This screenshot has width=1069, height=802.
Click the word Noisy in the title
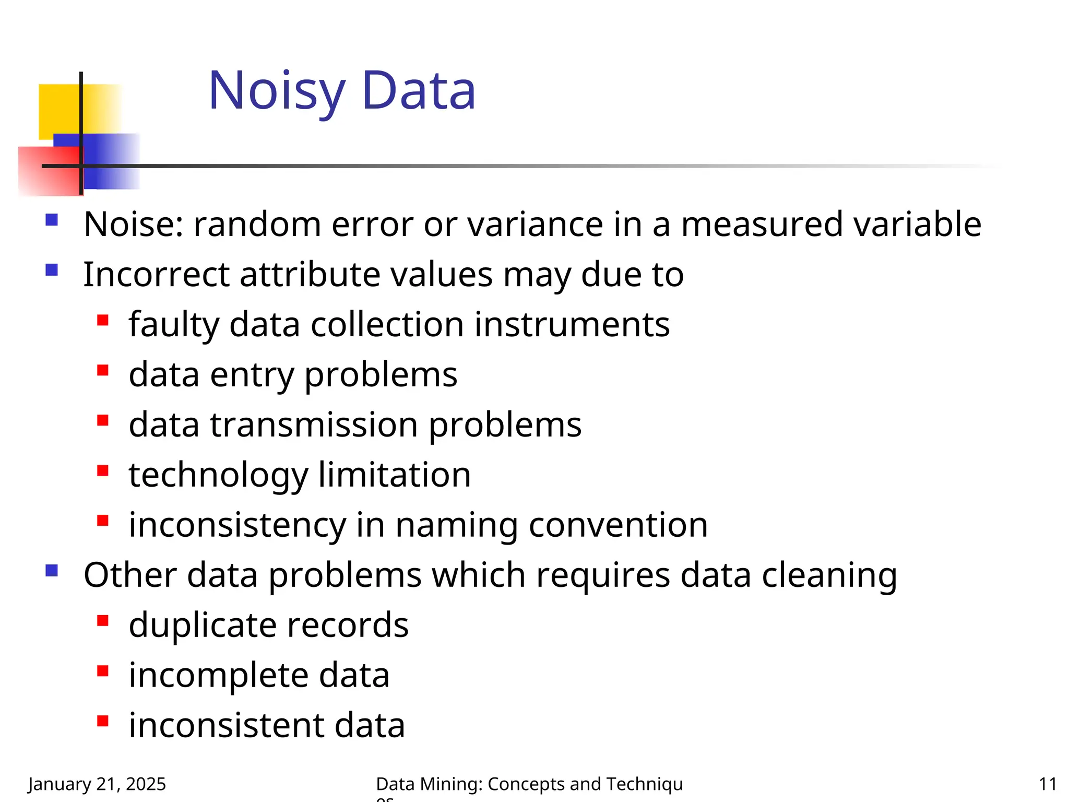[277, 92]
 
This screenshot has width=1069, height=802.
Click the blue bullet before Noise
[52, 219]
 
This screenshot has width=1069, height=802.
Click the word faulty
[174, 325]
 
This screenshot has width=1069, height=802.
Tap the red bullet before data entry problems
[103, 370]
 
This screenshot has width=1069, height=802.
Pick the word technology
[219, 475]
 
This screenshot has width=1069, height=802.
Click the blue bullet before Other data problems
[52, 570]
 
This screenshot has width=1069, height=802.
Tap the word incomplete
[219, 676]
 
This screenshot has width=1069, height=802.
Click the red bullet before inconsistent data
[103, 721]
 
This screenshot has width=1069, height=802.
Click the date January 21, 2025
[97, 784]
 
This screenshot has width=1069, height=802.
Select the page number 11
[1047, 784]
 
